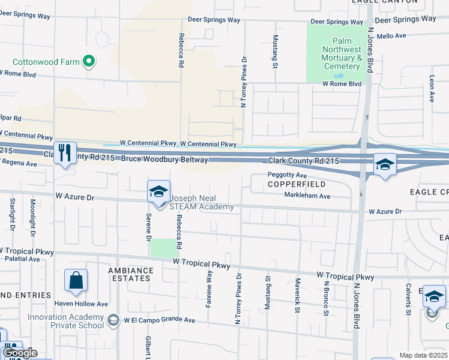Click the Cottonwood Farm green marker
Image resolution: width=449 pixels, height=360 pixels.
[x=89, y=61]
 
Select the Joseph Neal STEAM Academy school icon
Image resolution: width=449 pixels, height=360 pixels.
[x=158, y=191]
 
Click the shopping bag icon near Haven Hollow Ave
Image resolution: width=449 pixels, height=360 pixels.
[x=76, y=280]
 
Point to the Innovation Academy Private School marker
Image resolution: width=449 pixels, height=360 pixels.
[x=113, y=320]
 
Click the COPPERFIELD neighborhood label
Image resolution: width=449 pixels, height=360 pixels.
[x=288, y=184]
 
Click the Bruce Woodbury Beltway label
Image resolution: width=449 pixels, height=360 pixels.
[x=165, y=160]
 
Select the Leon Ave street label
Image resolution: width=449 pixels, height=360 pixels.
[x=432, y=88]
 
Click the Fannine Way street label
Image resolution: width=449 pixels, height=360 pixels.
[x=209, y=289]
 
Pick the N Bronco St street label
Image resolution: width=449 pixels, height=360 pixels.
[x=327, y=298]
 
